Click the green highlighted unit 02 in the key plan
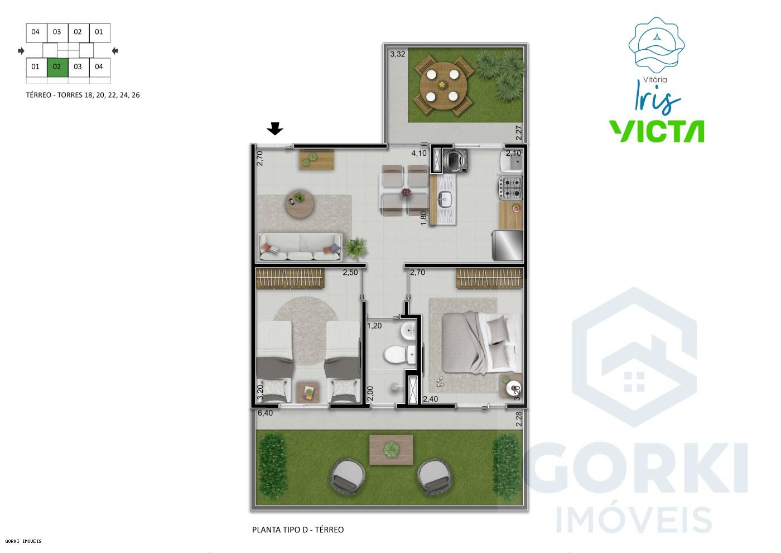pyautogui.click(x=57, y=67)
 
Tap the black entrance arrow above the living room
pyautogui.click(x=274, y=129)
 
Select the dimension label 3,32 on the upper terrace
pyautogui.click(x=397, y=54)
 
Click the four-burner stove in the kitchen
pyautogui.click(x=512, y=188)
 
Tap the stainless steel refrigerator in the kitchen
pyautogui.click(x=508, y=245)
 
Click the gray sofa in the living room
pyautogui.click(x=301, y=247)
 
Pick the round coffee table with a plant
pyautogui.click(x=300, y=205)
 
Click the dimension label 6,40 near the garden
pyautogui.click(x=265, y=413)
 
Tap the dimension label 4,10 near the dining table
pyautogui.click(x=418, y=153)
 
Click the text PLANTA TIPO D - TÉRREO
pyautogui.click(x=298, y=530)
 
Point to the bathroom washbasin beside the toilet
pyautogui.click(x=408, y=331)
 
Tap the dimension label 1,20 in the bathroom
pyautogui.click(x=374, y=326)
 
